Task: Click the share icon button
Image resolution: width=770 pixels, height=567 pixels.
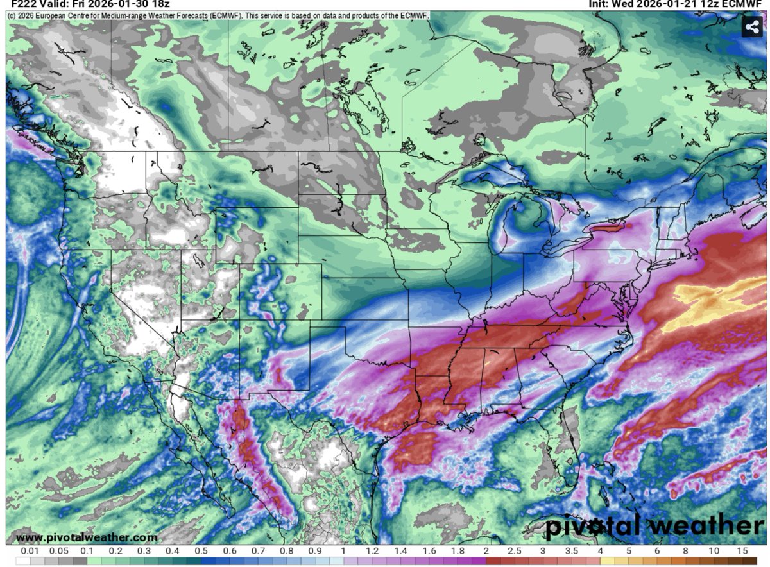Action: (x=751, y=27)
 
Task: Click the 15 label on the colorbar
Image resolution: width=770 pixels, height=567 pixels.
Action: (x=742, y=551)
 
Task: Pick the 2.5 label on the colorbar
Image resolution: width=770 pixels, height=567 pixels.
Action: (x=515, y=551)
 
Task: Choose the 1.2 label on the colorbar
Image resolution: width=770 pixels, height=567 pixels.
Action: (x=372, y=551)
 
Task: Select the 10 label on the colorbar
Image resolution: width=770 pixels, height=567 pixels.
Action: (x=714, y=551)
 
